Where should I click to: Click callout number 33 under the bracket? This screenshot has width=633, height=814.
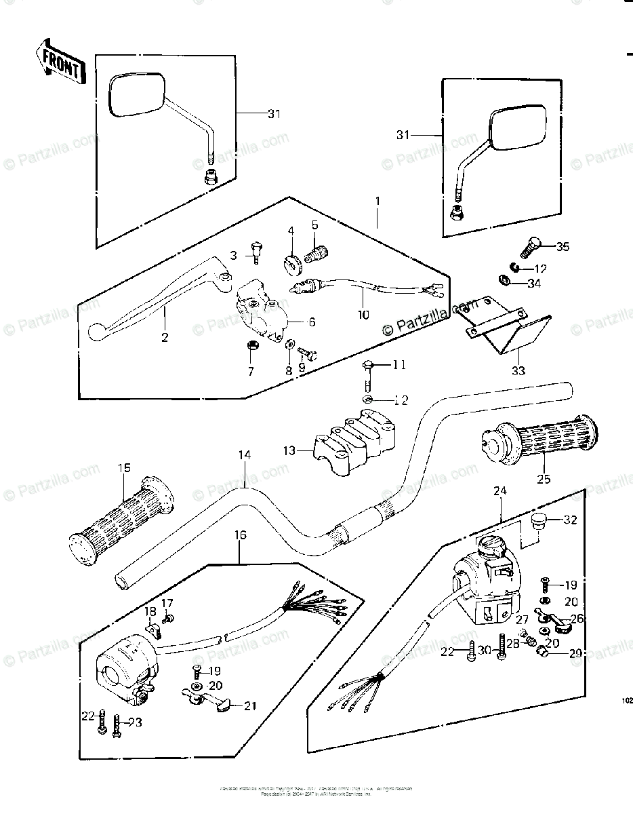point(518,370)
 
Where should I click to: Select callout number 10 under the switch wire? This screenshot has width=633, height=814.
point(364,314)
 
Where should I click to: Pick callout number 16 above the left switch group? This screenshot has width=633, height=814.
point(241,535)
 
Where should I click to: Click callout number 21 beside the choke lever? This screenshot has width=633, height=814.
point(251,706)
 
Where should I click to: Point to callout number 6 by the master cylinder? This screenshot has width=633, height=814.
point(312,323)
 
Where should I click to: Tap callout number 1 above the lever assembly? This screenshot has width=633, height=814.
point(377,202)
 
